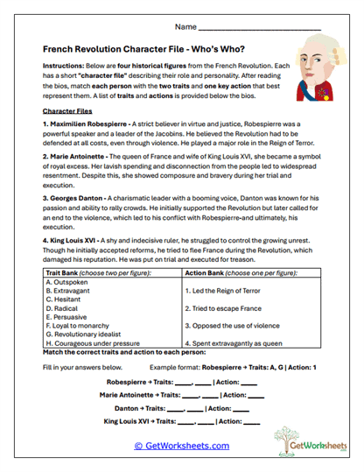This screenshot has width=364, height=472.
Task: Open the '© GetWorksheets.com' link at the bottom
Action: click(x=181, y=446)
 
